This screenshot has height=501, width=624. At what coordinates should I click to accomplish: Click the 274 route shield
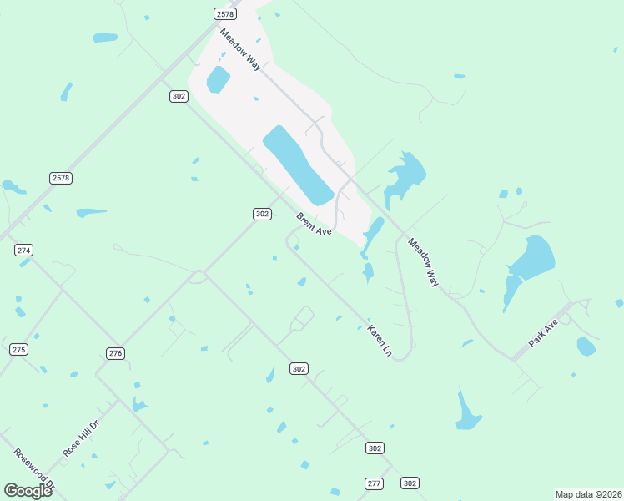click(23, 250)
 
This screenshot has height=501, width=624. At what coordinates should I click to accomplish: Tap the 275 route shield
click(19, 349)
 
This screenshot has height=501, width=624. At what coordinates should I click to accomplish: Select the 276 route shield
click(116, 353)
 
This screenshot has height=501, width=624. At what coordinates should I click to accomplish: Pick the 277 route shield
click(374, 483)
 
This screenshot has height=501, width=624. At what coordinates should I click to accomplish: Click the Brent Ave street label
click(315, 225)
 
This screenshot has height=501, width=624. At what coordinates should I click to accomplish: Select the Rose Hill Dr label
click(81, 438)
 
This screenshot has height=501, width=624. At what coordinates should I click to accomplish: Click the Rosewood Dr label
click(34, 469)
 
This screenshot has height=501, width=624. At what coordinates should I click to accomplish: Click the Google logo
click(28, 490)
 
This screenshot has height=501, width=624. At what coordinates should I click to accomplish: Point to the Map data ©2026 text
click(588, 494)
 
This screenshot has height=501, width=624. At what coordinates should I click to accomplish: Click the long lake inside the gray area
click(298, 164)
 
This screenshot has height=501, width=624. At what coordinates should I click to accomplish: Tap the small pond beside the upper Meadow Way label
click(218, 80)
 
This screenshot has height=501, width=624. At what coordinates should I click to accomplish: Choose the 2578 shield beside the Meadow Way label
click(224, 14)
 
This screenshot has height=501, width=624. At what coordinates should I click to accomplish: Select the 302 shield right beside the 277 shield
click(409, 483)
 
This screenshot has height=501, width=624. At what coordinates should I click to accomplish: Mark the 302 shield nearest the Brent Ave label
click(262, 214)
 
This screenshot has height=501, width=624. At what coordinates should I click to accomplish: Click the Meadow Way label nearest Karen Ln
click(423, 262)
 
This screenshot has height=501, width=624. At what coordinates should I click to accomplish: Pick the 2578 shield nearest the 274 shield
click(61, 178)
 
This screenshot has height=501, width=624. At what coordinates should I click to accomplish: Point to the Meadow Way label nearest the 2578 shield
click(241, 49)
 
